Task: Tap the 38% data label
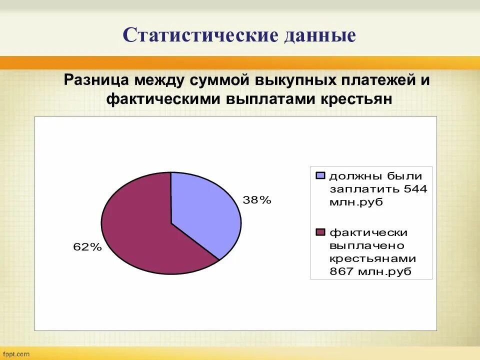(257, 200)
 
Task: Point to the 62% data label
(87, 246)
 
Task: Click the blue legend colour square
(320, 175)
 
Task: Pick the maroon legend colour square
(320, 232)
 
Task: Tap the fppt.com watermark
(15, 354)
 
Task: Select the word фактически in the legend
(368, 232)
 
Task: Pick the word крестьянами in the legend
(372, 258)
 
